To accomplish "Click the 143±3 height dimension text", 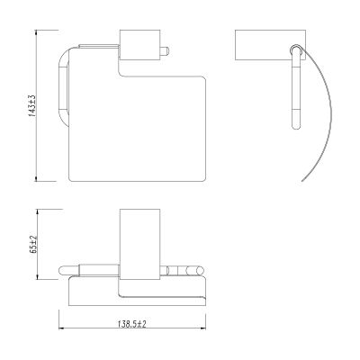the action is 32,105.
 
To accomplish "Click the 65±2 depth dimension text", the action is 33,245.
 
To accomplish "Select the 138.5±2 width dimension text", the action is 132,324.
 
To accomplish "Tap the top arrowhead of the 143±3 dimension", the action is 36,32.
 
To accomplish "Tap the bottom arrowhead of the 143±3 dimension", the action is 36,178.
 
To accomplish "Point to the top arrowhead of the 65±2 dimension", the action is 38,211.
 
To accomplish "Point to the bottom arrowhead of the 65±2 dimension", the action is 38,277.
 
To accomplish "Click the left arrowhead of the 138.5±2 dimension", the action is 61,328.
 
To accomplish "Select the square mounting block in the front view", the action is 139,45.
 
